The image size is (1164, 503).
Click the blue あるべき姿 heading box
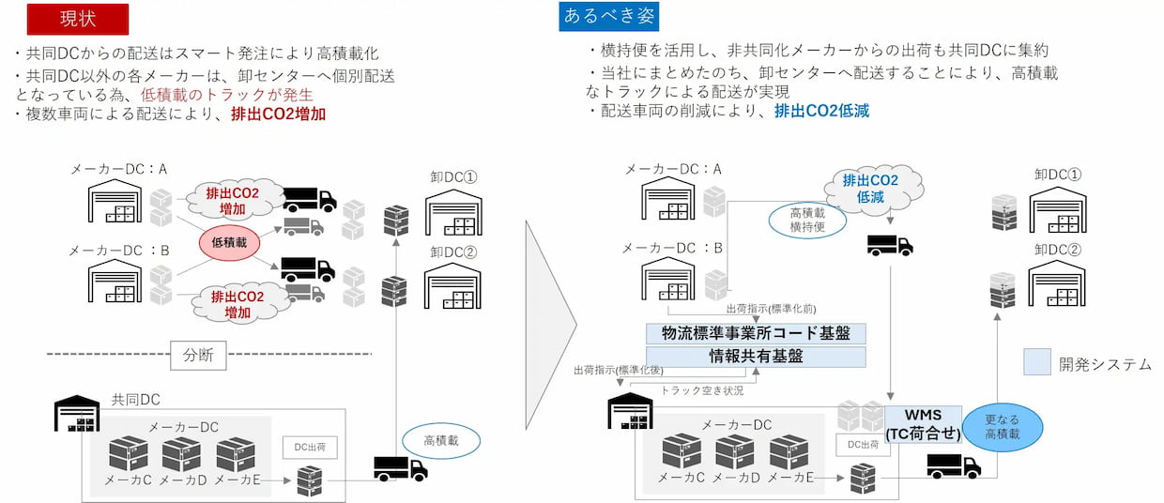609,16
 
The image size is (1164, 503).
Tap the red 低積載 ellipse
228,242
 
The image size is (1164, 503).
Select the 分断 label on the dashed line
198,355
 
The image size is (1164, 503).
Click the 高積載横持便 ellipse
807,219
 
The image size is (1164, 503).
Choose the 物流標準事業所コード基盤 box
756,333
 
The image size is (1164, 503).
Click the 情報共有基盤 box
756,357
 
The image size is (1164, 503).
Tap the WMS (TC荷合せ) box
924,424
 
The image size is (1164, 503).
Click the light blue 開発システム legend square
1036,363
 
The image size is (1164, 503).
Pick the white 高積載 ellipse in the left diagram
440,440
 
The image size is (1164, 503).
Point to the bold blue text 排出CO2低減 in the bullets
821,111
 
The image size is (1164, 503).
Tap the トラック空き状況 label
703,389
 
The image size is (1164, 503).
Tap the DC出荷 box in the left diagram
310,449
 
